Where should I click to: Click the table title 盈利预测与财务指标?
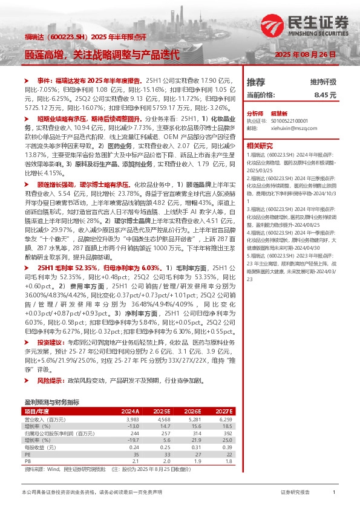pyautogui.click(x=51, y=402)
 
